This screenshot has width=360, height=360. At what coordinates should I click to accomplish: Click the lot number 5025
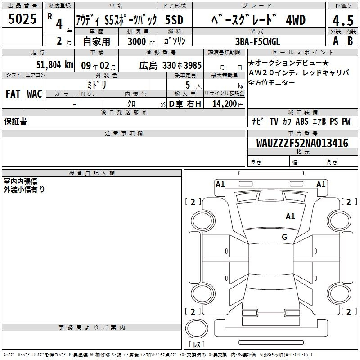pos(22,19)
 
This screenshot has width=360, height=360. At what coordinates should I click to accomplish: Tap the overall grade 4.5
pos(343,21)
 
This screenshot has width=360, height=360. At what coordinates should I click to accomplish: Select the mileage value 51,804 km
pos(55,65)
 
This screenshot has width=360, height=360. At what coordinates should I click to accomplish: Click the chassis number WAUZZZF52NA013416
pos(302,143)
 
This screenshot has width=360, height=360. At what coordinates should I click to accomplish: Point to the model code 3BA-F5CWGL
pos(258,41)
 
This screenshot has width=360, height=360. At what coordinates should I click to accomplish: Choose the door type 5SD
pos(174,20)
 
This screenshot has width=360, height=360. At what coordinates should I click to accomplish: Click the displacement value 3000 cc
pos(141,41)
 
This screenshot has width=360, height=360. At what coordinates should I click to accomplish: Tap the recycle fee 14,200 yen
pos(228,104)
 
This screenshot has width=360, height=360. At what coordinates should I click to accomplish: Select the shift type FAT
pos(13,94)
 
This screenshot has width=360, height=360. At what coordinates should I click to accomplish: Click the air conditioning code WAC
pos(35,94)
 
